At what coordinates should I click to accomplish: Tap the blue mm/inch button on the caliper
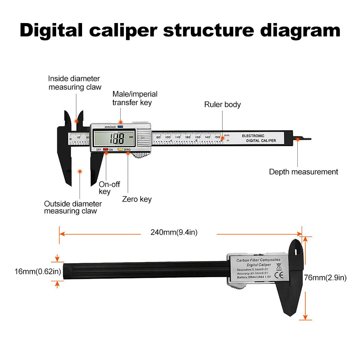click(x=120, y=126)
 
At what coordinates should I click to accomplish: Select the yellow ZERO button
click(x=121, y=149)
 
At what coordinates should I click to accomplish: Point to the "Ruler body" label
click(x=222, y=105)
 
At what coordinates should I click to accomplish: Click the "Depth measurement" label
click(x=303, y=172)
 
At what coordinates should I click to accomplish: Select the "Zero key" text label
click(x=137, y=199)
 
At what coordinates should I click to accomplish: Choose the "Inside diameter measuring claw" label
click(x=75, y=82)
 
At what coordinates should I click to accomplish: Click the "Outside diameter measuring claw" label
click(x=73, y=207)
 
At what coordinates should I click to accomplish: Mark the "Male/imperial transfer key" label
click(x=135, y=98)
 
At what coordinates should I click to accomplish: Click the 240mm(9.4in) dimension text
click(x=174, y=233)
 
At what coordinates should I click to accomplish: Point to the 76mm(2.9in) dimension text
click(x=325, y=278)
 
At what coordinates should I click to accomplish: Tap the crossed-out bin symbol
click(x=278, y=266)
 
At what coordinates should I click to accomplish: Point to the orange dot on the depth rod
click(x=298, y=139)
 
